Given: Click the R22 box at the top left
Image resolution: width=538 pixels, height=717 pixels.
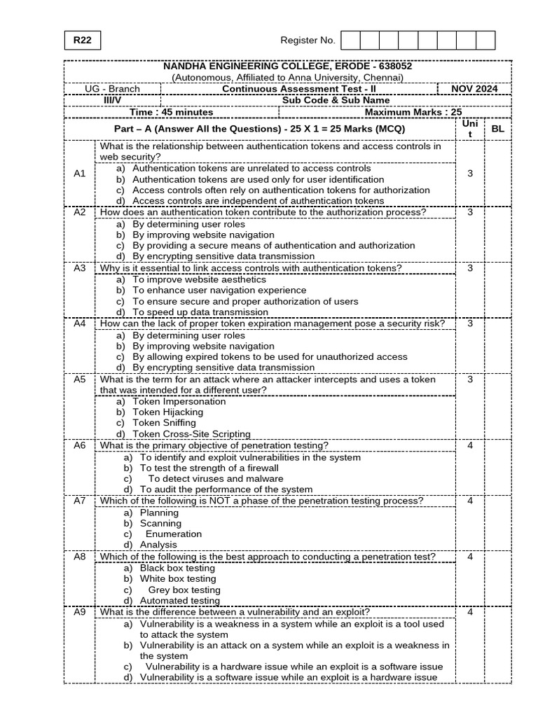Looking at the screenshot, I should pos(82,41).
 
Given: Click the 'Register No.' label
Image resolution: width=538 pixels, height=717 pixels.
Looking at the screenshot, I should pos(308,41).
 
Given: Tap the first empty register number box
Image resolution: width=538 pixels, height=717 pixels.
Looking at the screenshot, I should pos(350,41).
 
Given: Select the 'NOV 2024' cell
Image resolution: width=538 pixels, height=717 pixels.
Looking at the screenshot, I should pos(483,89).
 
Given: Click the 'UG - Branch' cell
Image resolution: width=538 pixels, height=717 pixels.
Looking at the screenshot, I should pos(112,89).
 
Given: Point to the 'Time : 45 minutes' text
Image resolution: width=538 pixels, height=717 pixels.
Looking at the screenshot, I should pos(172,112).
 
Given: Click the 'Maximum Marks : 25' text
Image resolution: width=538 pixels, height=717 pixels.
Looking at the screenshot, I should pos(413,112).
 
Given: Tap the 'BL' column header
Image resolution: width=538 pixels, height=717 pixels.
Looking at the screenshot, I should pos(497,130).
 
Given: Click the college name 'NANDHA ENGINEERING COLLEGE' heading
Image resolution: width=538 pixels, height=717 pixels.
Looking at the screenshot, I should pos(287,66).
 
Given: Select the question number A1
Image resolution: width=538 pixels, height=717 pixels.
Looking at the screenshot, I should pos(80,173).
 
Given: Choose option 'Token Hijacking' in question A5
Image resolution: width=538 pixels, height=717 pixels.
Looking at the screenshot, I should pos(168,412).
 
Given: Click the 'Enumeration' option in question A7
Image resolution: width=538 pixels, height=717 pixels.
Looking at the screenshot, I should pos(173,534).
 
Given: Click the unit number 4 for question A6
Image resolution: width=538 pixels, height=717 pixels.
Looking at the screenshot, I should pos(470,445).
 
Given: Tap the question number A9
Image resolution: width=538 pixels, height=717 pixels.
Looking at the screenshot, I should pos(80,611).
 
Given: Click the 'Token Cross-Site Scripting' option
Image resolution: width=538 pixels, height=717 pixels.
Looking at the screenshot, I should pos(191,434).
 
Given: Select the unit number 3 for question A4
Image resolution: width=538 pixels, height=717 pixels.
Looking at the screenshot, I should pos(470,323).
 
